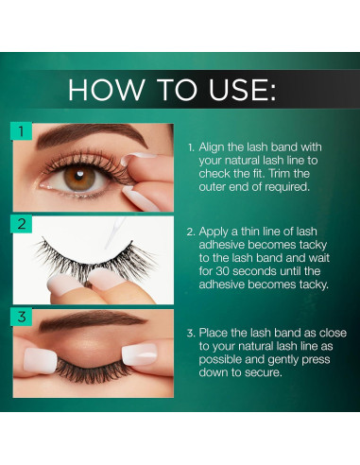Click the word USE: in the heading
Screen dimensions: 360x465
coord(242,90)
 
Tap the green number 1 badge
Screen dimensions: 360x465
coord(21,130)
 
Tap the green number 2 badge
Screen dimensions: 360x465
coord(21,224)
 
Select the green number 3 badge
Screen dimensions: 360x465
coord(21,317)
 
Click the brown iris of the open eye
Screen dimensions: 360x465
coord(79,178)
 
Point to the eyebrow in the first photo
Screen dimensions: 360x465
coord(92,135)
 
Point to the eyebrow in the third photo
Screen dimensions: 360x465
coord(93,320)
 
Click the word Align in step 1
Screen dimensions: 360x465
coord(211,147)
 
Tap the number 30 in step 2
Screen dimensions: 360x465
coord(222,271)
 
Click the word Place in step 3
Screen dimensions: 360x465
coord(214,333)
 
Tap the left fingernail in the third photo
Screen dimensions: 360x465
coord(40,360)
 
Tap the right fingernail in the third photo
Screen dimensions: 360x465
coord(140,354)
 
